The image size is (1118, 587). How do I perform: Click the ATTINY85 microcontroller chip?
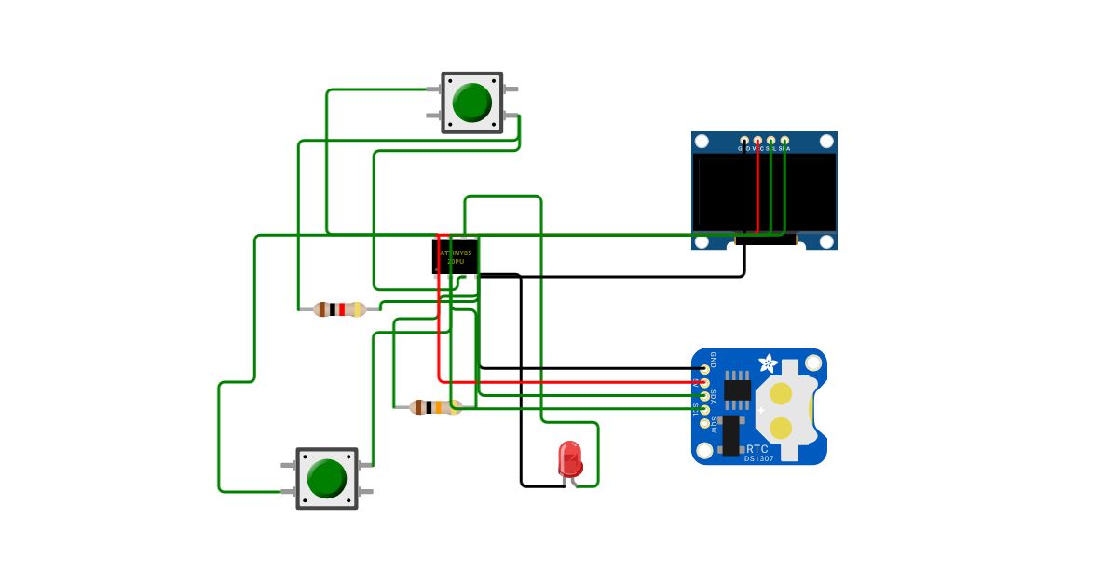(x=456, y=256)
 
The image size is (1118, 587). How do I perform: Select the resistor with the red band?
(x=340, y=309)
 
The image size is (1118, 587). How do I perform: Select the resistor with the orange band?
(x=436, y=407)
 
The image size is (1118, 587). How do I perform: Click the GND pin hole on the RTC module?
(x=704, y=368)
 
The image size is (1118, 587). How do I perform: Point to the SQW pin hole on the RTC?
(x=704, y=423)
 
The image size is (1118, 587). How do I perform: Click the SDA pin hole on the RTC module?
(x=704, y=396)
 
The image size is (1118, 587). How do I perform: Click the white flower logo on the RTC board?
(x=769, y=363)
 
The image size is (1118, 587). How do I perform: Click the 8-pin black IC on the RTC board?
(x=737, y=390)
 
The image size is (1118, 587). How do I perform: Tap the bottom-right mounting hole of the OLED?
(x=826, y=241)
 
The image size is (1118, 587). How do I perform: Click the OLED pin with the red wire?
(x=757, y=140)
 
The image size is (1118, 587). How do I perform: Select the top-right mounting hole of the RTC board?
(x=812, y=360)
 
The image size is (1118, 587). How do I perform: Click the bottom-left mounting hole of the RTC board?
(x=704, y=452)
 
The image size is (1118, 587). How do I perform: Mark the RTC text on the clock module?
(x=757, y=448)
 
